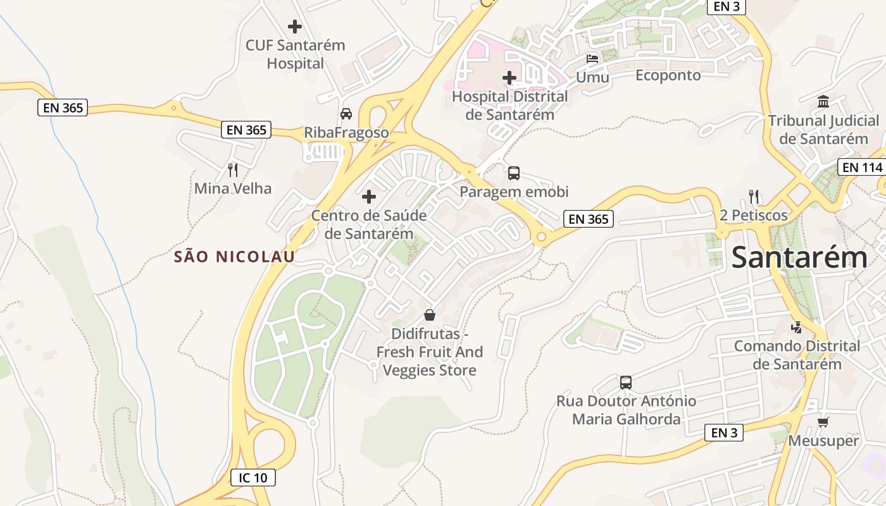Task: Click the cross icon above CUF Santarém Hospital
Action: [x=295, y=27]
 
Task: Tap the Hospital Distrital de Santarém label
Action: [x=509, y=106]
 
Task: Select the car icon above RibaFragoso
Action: [x=346, y=114]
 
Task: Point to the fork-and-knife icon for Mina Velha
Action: [x=233, y=170]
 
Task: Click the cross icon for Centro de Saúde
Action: [x=369, y=197]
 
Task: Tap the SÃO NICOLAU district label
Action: [x=235, y=257]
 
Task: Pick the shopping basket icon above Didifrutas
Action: [x=430, y=315]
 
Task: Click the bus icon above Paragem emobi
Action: [x=514, y=173]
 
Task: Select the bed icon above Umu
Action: [x=592, y=59]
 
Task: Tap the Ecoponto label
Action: [x=668, y=75]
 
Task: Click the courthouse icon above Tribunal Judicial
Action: [x=823, y=101]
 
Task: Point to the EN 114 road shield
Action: [x=863, y=168]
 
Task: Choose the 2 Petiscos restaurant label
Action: [x=754, y=216]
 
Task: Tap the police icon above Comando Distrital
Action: [x=797, y=328]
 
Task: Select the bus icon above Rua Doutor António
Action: [x=626, y=382]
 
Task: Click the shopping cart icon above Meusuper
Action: [x=823, y=422]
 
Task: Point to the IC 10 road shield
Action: [x=253, y=478]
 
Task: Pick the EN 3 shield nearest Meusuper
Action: [x=723, y=433]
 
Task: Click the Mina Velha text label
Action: [x=233, y=188]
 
